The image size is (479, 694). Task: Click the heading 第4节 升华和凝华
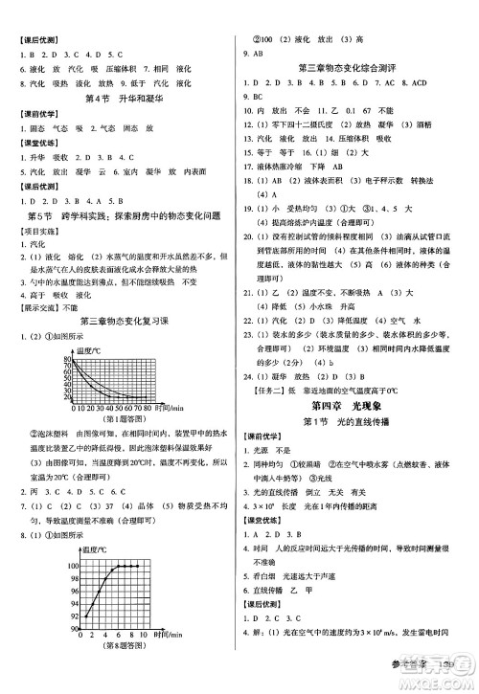coord(117,99)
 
